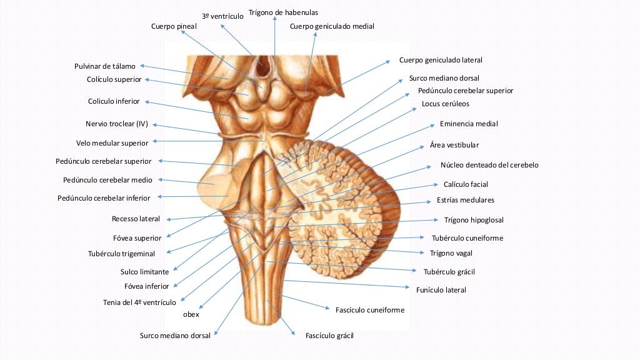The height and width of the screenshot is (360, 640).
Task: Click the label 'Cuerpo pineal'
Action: (x=174, y=26)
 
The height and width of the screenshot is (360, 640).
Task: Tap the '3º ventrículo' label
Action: (x=222, y=16)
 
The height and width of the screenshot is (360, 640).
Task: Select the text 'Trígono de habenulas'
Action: (x=283, y=12)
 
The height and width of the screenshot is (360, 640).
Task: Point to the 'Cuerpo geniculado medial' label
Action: (x=332, y=26)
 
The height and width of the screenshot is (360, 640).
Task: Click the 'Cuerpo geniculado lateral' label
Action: (x=441, y=60)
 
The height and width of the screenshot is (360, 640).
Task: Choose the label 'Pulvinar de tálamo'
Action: (x=105, y=66)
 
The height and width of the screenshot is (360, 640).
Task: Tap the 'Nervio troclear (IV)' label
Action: (x=117, y=124)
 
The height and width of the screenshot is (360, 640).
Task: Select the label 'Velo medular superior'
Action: (x=112, y=142)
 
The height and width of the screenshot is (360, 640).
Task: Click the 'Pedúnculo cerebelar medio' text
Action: (x=107, y=180)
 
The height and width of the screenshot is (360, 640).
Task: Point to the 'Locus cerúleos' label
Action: (x=445, y=104)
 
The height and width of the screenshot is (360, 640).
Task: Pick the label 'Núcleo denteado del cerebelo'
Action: (x=489, y=165)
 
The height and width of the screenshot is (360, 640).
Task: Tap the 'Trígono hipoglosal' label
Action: (x=474, y=220)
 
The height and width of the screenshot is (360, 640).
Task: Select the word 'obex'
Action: (x=191, y=314)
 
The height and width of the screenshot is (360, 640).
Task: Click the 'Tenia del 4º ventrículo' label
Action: (x=139, y=302)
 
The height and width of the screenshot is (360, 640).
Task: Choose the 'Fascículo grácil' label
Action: (x=329, y=336)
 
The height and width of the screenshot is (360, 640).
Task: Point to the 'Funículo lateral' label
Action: (x=441, y=289)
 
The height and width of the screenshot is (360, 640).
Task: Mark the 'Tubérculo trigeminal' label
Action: (x=121, y=254)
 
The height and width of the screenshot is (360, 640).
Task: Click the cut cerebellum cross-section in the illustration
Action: (x=350, y=206)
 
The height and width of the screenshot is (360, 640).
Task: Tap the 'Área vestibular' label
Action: (x=454, y=145)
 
